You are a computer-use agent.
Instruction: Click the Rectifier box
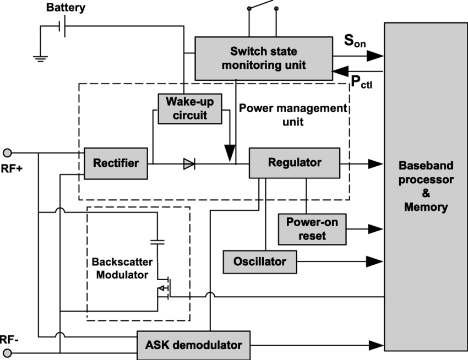(x=116, y=163)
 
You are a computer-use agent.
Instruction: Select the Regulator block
(x=294, y=162)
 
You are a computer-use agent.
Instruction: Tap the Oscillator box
(x=259, y=261)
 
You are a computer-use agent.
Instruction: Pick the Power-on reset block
(x=312, y=229)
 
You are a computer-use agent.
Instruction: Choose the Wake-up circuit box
(x=189, y=108)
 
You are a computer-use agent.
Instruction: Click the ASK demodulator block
(x=193, y=345)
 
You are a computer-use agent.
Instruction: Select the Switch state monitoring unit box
(x=263, y=58)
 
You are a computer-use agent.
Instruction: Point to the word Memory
(x=426, y=208)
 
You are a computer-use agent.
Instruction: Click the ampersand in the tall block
(x=426, y=194)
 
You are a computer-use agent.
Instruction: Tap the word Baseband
(x=426, y=166)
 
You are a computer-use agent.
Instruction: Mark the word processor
(x=426, y=179)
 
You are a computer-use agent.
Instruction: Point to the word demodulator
(x=209, y=345)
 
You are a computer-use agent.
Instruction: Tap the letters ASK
(x=157, y=345)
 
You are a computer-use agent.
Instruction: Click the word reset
(x=312, y=236)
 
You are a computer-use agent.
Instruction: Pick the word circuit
(x=189, y=115)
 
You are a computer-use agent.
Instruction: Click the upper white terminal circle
(x=7, y=153)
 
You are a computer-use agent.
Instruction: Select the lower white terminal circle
(x=7, y=352)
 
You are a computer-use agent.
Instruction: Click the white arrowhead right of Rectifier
(x=188, y=164)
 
